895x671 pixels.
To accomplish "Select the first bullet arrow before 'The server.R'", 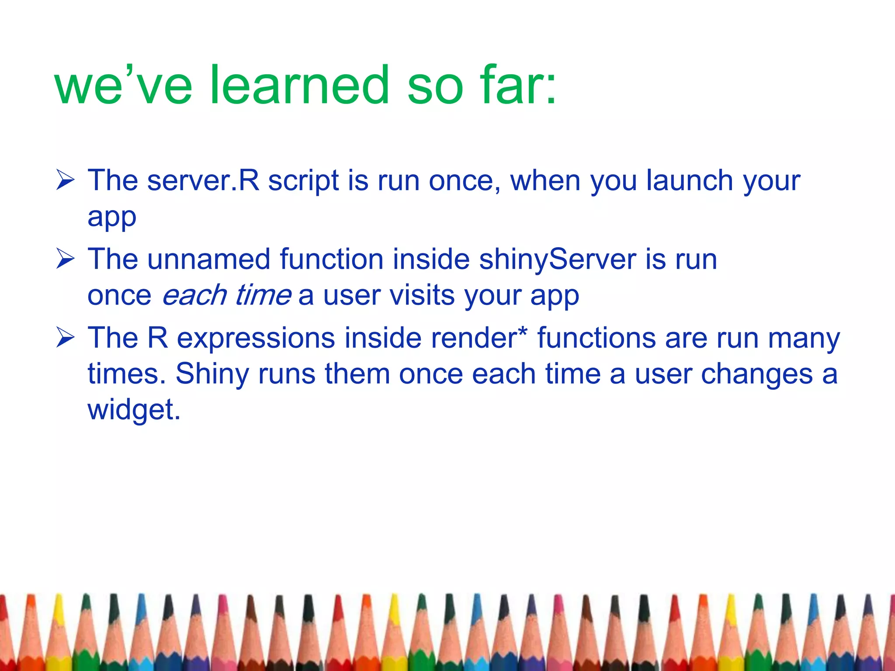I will point(66,181).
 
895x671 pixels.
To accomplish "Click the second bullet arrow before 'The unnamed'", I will point(66,259).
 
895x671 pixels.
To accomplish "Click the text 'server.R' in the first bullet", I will point(203,180).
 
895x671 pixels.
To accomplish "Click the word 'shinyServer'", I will point(557,259).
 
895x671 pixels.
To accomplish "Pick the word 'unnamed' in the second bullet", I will point(208,259).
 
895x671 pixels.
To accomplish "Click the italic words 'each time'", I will point(226,295).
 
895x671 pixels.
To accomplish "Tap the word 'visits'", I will point(422,295).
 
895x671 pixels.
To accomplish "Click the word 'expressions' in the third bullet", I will point(256,339).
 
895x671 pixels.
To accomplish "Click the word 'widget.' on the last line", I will point(134,410).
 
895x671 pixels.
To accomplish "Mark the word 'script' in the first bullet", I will point(303,180).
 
